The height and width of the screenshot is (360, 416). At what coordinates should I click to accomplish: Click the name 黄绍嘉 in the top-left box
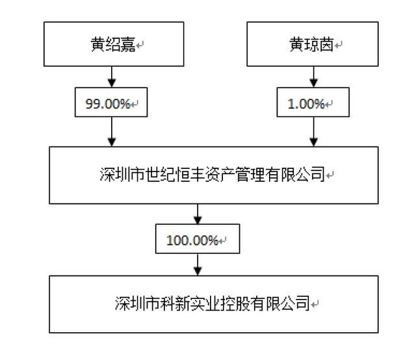coord(113,44)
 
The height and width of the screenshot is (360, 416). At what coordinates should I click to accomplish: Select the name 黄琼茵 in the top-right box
coord(311,44)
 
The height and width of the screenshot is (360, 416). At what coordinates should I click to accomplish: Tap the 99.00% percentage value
coord(108,103)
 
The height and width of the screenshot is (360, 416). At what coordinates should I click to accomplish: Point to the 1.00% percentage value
coord(306,103)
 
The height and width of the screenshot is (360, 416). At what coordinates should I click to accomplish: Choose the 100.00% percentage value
coord(192,240)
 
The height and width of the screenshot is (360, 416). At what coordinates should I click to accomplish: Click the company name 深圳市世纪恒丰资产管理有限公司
coord(213,174)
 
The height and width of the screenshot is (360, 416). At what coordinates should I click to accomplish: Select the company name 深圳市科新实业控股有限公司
coord(213,303)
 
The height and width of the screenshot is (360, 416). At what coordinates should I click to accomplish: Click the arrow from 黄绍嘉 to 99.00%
coord(112,77)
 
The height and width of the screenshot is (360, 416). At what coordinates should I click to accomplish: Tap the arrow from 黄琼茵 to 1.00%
coord(313,77)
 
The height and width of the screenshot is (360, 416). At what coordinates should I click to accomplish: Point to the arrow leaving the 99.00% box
coord(112,131)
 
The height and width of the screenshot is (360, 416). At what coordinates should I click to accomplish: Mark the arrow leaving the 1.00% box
coord(313,131)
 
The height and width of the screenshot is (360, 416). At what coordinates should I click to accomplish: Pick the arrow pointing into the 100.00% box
coord(198,214)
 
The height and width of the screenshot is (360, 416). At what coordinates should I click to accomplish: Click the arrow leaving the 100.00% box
coord(198,264)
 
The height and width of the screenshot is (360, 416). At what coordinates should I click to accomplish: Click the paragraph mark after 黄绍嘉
coord(140,45)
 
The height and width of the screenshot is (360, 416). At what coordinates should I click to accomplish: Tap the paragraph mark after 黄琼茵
coord(338,45)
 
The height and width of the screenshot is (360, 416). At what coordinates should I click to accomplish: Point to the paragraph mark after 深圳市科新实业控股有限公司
coord(315,305)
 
